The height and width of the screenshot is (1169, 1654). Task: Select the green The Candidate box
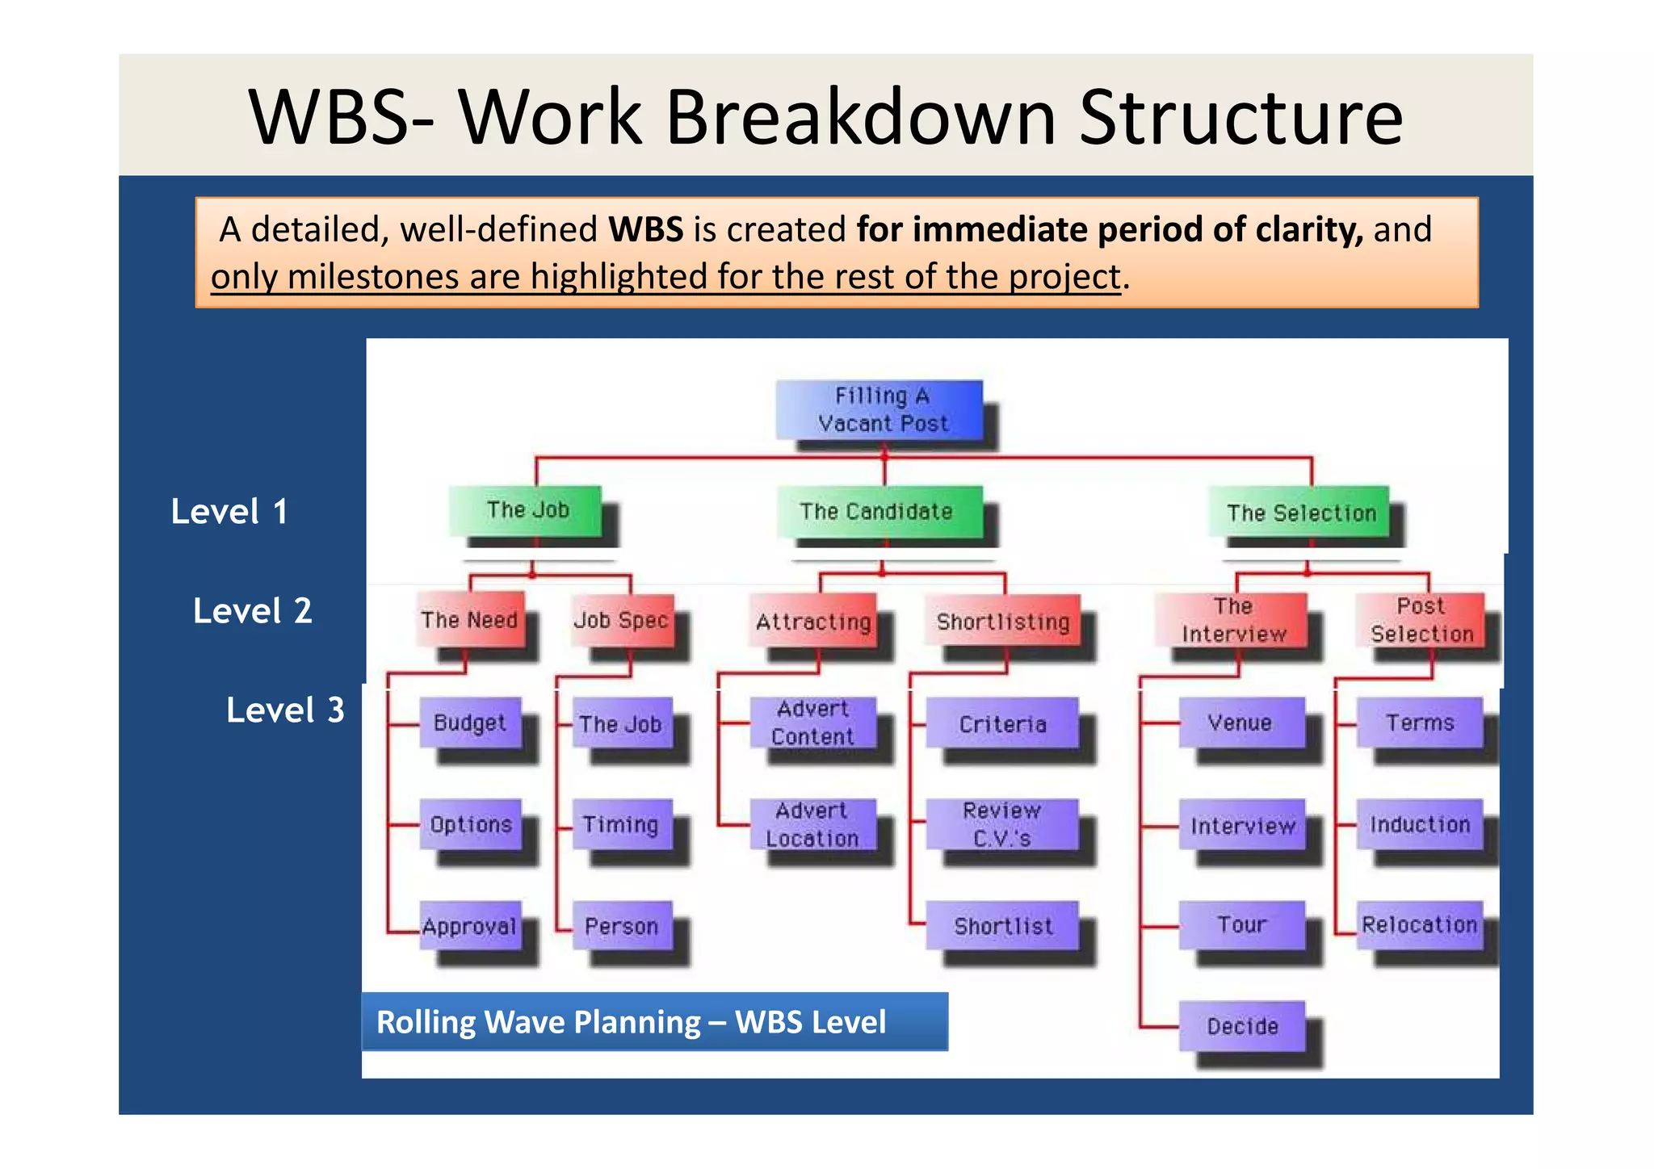879,511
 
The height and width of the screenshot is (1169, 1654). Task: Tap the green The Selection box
1299,512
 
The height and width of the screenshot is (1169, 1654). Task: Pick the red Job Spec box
621,620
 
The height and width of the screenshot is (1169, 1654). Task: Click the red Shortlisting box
1002,621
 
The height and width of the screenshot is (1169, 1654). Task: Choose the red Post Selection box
1421,620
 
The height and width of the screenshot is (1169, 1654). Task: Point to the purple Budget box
470,723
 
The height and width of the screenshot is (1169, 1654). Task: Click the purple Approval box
470,926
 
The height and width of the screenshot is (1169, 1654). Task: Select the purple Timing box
621,824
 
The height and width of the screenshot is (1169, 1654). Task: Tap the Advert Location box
812,824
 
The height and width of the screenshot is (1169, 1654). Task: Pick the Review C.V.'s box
1001,824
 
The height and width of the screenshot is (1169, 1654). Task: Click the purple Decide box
1242,1026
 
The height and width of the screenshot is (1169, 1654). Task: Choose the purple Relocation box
1420,925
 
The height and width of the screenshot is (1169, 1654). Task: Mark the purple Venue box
1241,723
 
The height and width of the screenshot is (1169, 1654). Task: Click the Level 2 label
253,611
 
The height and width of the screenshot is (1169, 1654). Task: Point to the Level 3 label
285,710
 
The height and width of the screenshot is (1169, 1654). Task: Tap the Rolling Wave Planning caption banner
654,1022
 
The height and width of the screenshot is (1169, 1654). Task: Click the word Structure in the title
1240,118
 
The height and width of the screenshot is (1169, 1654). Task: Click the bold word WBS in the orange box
646,230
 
